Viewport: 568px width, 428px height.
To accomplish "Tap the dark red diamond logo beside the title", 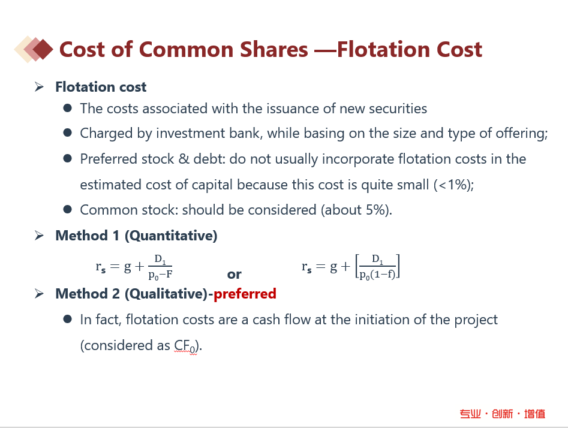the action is [x=43, y=49].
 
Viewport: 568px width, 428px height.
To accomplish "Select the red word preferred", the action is [x=245, y=294].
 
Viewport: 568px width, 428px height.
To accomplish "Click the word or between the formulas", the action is [x=234, y=275].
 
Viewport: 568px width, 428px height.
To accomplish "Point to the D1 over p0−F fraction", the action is [x=160, y=267].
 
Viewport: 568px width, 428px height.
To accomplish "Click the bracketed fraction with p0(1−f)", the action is [x=377, y=267].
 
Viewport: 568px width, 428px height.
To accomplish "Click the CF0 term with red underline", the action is [x=185, y=346].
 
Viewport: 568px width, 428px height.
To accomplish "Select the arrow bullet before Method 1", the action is [x=39, y=236].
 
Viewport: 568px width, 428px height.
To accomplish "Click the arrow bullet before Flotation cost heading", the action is [x=39, y=87].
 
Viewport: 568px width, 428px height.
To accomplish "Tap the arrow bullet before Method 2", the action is [x=39, y=294].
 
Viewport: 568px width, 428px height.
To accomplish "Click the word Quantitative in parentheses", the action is [x=171, y=236].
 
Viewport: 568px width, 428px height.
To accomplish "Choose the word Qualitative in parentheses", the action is [x=168, y=294].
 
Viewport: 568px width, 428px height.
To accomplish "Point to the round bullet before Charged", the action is [x=67, y=133].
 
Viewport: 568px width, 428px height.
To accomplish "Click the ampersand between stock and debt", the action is [x=184, y=159].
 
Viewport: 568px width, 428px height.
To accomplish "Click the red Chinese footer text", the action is [x=503, y=414].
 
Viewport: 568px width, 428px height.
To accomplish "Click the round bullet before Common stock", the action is [x=67, y=209].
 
